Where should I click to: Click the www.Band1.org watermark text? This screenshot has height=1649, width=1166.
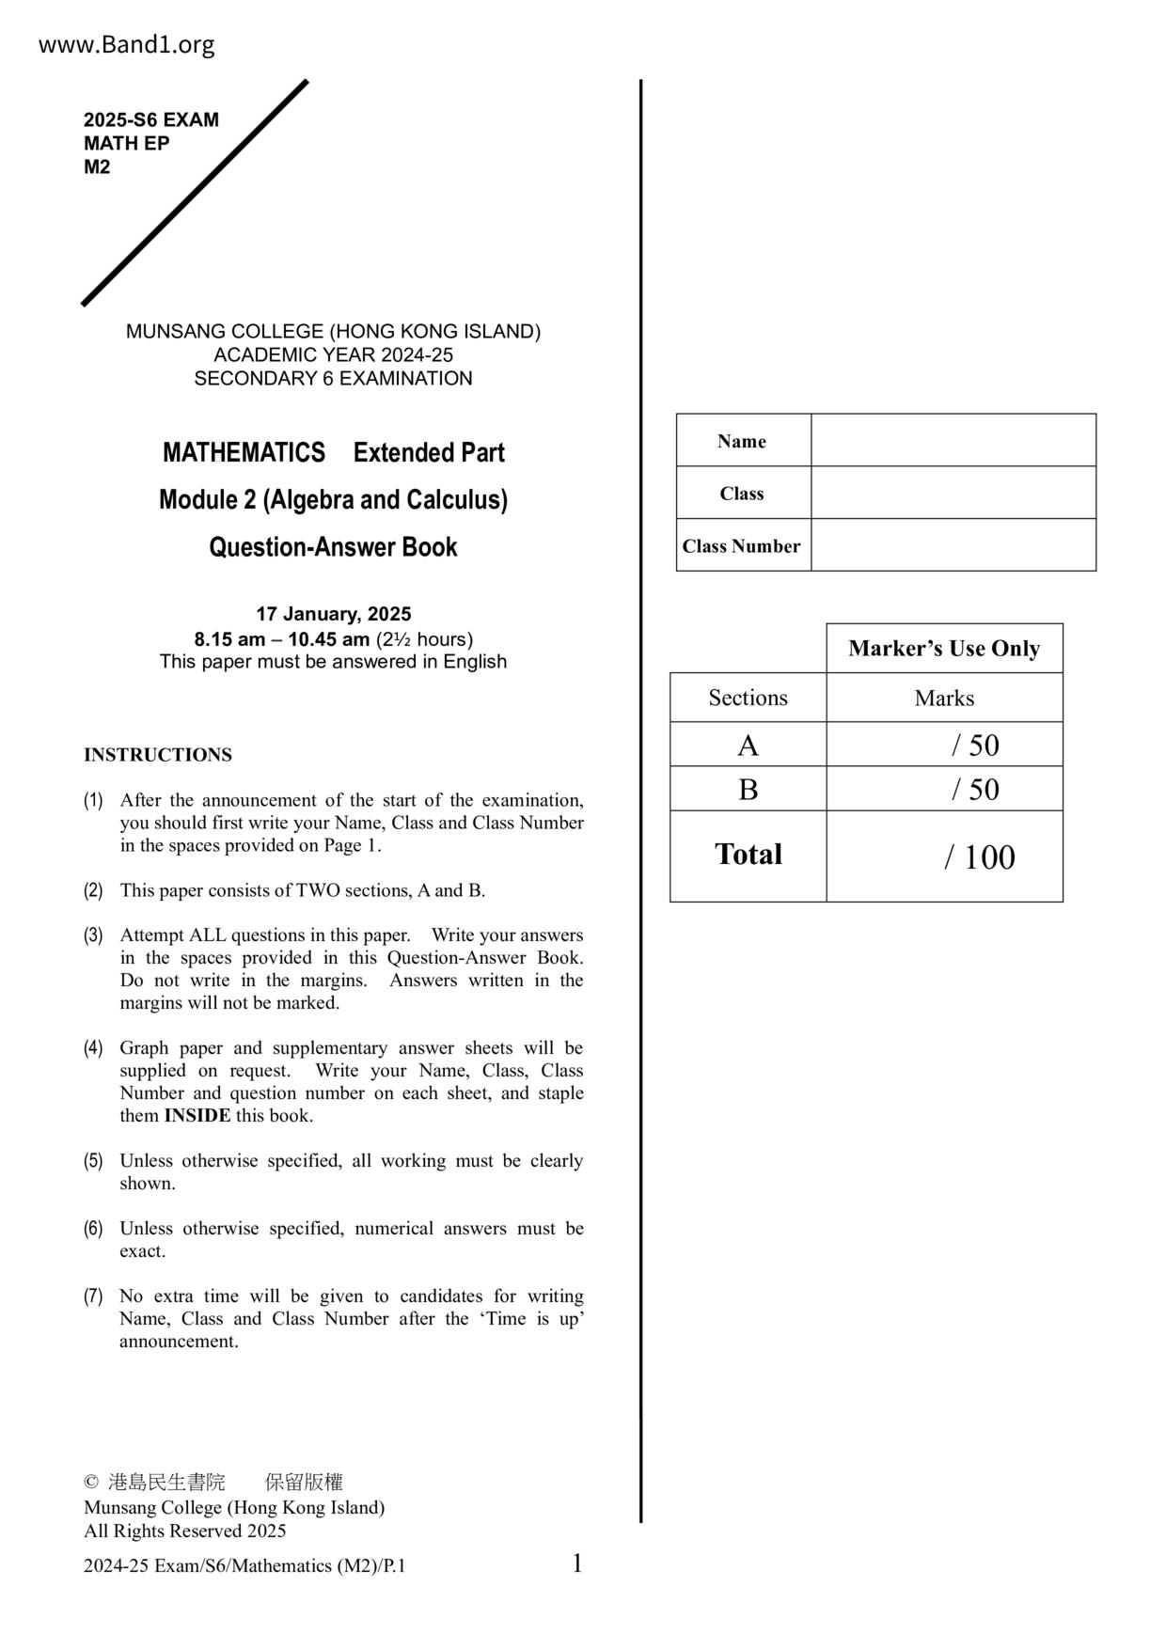[126, 44]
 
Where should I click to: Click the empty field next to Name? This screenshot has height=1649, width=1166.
[953, 440]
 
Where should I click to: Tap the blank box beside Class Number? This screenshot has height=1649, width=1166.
[953, 545]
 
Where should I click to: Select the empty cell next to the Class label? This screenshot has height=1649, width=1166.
[953, 493]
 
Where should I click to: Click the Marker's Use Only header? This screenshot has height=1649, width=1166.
[944, 649]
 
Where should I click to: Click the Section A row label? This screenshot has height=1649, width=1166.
[748, 746]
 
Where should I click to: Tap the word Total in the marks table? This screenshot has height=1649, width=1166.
[748, 855]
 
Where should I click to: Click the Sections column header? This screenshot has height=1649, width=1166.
[748, 698]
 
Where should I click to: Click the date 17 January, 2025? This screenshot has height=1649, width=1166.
[334, 614]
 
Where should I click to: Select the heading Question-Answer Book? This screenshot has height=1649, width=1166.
[333, 547]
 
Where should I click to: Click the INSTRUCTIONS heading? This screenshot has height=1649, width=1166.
[158, 755]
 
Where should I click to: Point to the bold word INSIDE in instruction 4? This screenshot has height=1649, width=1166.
[197, 1116]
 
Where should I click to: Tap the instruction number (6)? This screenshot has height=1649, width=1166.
[93, 1229]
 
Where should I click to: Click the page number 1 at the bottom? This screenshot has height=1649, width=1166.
[577, 1563]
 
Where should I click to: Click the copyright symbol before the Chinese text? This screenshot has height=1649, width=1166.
[91, 1483]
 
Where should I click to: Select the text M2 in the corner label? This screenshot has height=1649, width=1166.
[97, 167]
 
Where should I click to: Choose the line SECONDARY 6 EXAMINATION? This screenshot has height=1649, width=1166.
[333, 379]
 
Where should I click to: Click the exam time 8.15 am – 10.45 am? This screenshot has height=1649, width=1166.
[282, 639]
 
